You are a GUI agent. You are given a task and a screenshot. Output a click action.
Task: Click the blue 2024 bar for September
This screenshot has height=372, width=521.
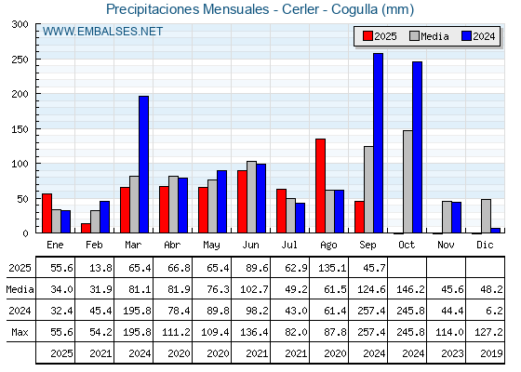378,143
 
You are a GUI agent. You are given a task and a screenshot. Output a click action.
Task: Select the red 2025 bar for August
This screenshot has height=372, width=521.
320,186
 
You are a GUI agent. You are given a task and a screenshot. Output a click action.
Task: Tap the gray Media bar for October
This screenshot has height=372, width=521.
407,181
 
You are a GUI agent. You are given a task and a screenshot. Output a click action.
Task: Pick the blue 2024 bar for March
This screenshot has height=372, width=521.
143,165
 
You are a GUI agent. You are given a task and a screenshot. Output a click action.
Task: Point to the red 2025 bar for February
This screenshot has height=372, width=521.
86,228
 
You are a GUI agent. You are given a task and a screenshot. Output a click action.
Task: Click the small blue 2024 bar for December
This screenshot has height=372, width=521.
495,231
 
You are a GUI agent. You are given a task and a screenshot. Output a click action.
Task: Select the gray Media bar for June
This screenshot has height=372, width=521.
251,197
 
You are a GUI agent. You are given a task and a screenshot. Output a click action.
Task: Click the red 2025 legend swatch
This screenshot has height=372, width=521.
367,36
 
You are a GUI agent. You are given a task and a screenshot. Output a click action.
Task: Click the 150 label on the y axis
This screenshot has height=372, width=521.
20,129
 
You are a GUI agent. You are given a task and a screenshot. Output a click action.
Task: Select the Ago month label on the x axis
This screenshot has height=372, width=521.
328,246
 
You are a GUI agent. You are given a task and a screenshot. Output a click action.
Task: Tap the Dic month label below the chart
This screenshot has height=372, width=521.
485,245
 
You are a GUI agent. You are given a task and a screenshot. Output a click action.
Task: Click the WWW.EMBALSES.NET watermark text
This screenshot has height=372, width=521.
102,32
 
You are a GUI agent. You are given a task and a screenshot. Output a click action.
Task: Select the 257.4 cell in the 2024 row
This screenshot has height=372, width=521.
371,311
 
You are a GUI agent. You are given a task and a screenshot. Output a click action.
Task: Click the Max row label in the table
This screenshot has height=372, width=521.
20,332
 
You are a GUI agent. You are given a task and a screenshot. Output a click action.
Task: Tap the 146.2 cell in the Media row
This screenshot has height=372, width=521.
410,289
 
